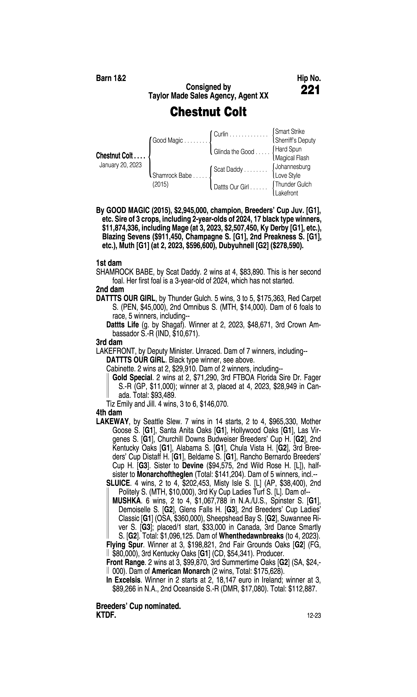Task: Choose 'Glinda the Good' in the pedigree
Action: (x=234, y=152)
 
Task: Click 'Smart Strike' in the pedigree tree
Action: (x=290, y=131)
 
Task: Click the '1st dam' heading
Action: (x=109, y=263)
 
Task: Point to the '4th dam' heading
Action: (x=109, y=413)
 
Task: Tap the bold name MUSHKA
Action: (x=126, y=501)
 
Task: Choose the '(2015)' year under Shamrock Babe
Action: (x=160, y=184)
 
